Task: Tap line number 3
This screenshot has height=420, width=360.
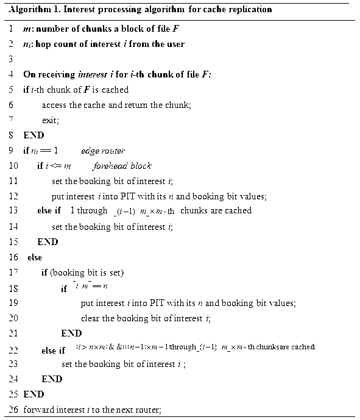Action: [11, 59]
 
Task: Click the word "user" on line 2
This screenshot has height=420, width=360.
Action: [174, 44]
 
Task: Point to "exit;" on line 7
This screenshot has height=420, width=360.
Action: [51, 120]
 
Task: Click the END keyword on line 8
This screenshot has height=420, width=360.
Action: [34, 135]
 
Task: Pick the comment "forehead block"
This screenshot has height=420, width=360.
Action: [122, 166]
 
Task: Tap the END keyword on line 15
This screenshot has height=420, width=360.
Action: [48, 241]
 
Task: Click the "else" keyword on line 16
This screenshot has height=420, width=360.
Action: [35, 257]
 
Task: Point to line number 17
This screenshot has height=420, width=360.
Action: [11, 272]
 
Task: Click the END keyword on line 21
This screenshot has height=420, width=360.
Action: [71, 333]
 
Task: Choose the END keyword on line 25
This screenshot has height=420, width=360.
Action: [34, 394]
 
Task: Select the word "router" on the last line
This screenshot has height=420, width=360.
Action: [148, 409]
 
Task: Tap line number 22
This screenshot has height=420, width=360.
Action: [11, 349]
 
